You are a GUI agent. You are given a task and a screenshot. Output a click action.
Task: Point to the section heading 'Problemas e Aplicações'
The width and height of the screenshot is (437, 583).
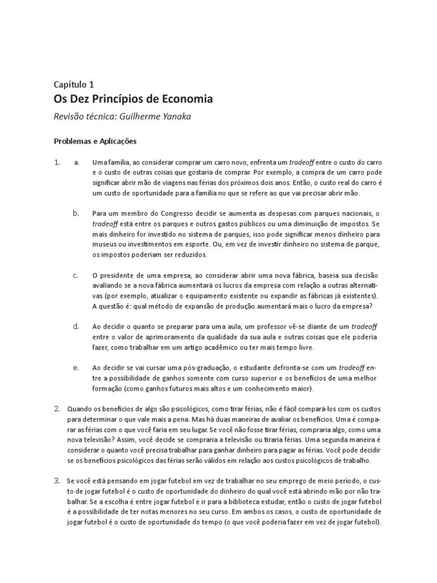pyautogui.click(x=96, y=140)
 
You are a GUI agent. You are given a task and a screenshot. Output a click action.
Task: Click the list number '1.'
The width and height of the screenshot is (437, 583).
pyautogui.click(x=57, y=162)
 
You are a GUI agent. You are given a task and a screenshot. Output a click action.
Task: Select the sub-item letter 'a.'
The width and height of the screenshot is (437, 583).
pyautogui.click(x=76, y=162)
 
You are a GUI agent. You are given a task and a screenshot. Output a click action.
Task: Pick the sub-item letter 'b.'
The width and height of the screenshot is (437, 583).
pyautogui.click(x=76, y=213)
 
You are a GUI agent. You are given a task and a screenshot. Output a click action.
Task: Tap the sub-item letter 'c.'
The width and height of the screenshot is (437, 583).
pyautogui.click(x=76, y=275)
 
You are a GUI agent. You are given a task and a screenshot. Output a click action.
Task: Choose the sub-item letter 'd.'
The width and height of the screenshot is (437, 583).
pyautogui.click(x=76, y=326)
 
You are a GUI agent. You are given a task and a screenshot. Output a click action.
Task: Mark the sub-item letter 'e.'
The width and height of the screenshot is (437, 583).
pyautogui.click(x=76, y=367)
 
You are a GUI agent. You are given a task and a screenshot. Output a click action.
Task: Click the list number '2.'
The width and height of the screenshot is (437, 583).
pyautogui.click(x=57, y=408)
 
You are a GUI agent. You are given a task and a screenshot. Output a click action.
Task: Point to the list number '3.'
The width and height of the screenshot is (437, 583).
pyautogui.click(x=57, y=481)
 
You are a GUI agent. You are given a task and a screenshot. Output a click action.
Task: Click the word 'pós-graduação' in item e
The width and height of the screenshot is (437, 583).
pyautogui.click(x=246, y=368)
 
